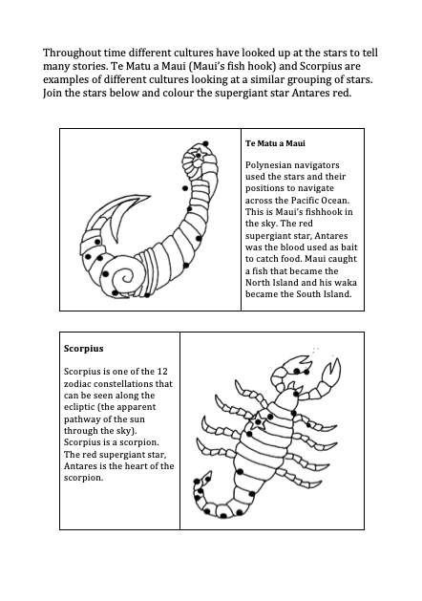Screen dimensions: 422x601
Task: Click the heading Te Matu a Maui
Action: click(x=275, y=143)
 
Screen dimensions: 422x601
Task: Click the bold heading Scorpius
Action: click(x=83, y=349)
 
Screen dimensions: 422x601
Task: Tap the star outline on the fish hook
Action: click(x=199, y=155)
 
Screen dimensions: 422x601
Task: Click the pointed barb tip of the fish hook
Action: click(x=149, y=196)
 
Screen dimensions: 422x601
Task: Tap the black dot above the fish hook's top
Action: click(x=205, y=143)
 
